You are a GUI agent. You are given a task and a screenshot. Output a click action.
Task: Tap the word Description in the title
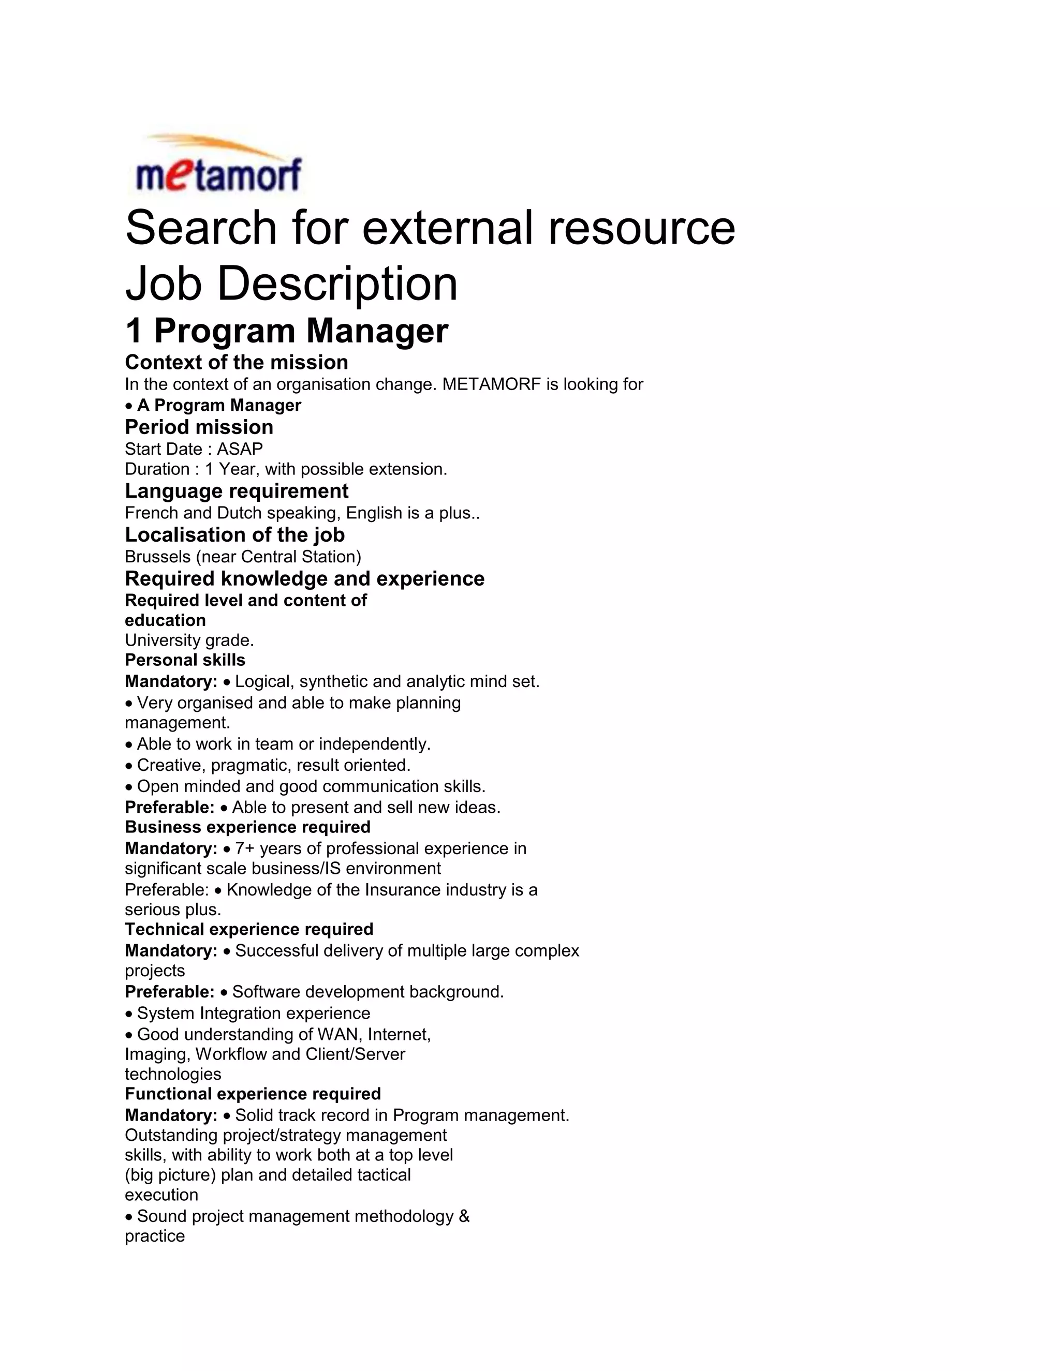tap(337, 284)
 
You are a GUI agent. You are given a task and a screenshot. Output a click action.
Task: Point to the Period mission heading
tap(199, 427)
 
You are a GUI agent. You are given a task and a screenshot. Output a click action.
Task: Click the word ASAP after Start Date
tap(240, 449)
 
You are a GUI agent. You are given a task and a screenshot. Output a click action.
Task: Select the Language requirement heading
tap(236, 490)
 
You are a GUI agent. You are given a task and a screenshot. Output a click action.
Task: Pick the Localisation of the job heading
tap(234, 535)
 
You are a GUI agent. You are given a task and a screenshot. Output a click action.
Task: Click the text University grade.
tap(189, 640)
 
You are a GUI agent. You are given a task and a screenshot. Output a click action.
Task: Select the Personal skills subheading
tap(185, 660)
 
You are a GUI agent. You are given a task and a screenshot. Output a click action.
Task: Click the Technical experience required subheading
tap(248, 929)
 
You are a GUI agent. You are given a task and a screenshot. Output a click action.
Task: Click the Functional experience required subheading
tap(253, 1094)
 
